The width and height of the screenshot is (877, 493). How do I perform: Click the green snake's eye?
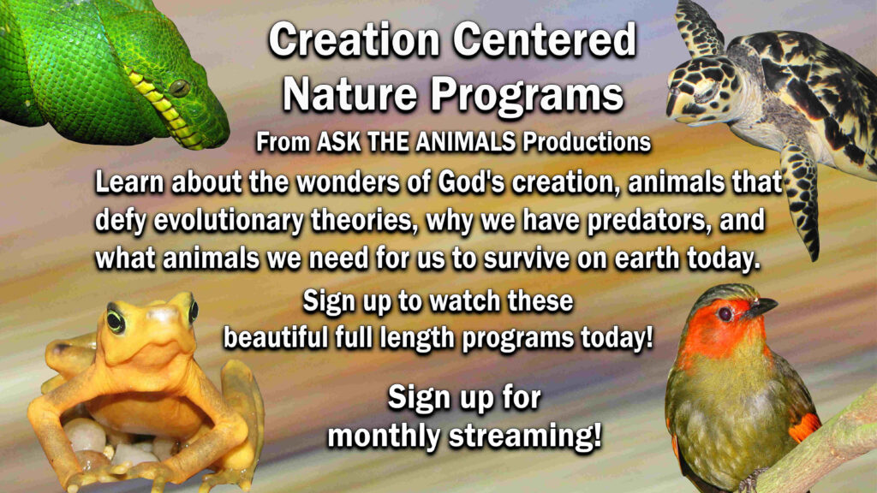point(180,88)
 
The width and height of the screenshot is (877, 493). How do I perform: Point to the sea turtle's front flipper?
point(801,201)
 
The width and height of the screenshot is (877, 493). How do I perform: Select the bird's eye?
point(725,313)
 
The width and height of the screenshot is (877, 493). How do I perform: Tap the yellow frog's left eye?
point(116,320)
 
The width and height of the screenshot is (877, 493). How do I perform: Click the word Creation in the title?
point(355,40)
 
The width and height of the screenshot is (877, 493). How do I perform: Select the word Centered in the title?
point(544,40)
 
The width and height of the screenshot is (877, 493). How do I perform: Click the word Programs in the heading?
point(527,96)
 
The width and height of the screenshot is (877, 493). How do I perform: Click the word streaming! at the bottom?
point(525,436)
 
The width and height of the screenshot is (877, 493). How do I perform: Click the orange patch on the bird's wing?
point(804,427)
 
